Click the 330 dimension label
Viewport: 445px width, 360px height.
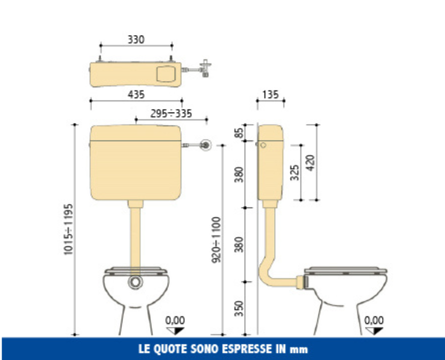click(x=136, y=39)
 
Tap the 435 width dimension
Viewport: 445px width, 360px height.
click(x=136, y=95)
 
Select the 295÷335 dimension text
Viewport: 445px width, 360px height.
click(x=171, y=113)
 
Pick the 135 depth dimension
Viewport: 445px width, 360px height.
click(x=270, y=95)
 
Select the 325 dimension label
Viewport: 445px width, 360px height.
click(x=294, y=173)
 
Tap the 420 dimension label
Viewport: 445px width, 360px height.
click(x=310, y=164)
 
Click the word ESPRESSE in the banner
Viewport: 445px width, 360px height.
click(x=238, y=349)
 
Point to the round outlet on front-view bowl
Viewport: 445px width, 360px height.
click(x=135, y=282)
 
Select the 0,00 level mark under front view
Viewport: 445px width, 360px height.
click(x=175, y=321)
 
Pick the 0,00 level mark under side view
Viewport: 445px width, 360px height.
click(x=374, y=321)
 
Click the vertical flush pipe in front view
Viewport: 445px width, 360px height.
click(x=136, y=232)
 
